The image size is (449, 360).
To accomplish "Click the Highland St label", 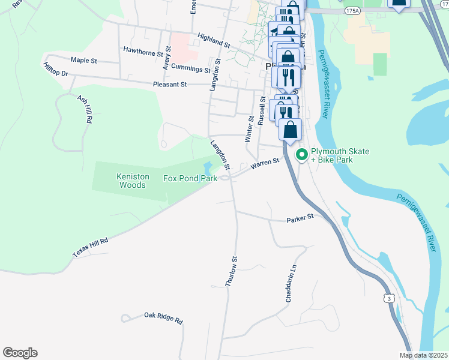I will (x=211, y=41).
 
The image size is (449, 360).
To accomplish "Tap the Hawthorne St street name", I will (x=143, y=51).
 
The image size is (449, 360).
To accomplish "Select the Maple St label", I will (x=83, y=60).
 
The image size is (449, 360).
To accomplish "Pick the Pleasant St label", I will (x=170, y=85).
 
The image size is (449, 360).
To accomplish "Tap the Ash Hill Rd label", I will (x=85, y=109).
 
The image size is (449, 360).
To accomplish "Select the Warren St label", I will (x=265, y=163).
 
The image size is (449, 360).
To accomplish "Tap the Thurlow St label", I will (x=232, y=271).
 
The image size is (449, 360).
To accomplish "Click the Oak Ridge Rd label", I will (x=163, y=317).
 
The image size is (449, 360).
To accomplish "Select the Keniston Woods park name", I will (x=131, y=181).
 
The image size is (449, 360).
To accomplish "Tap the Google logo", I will (x=20, y=353).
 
